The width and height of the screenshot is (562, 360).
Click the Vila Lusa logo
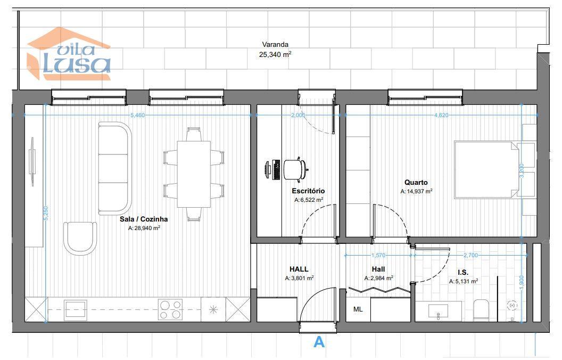pyautogui.click(x=69, y=54)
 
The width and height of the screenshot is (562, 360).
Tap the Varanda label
pyautogui.click(x=275, y=45)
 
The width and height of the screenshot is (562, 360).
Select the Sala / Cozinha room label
pyautogui.click(x=144, y=219)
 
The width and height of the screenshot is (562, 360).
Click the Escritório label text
pyautogui.click(x=308, y=191)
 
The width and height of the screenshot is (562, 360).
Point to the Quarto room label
pyautogui.click(x=416, y=183)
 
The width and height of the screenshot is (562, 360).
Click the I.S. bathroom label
pyautogui.click(x=463, y=273)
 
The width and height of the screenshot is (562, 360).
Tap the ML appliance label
pyautogui.click(x=358, y=309)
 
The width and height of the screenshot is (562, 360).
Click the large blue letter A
pyautogui.click(x=319, y=342)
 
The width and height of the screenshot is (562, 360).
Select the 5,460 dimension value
pyautogui.click(x=138, y=115)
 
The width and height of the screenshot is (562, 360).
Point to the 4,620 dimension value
pyautogui.click(x=441, y=115)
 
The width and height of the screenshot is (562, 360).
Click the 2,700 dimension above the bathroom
pyautogui.click(x=470, y=255)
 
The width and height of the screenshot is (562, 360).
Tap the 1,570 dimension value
pyautogui.click(x=378, y=255)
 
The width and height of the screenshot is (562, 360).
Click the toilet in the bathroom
pyautogui.click(x=481, y=310)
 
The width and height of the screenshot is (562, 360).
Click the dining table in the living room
pyautogui.click(x=194, y=174)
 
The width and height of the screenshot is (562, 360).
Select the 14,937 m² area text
pyautogui.click(x=416, y=192)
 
